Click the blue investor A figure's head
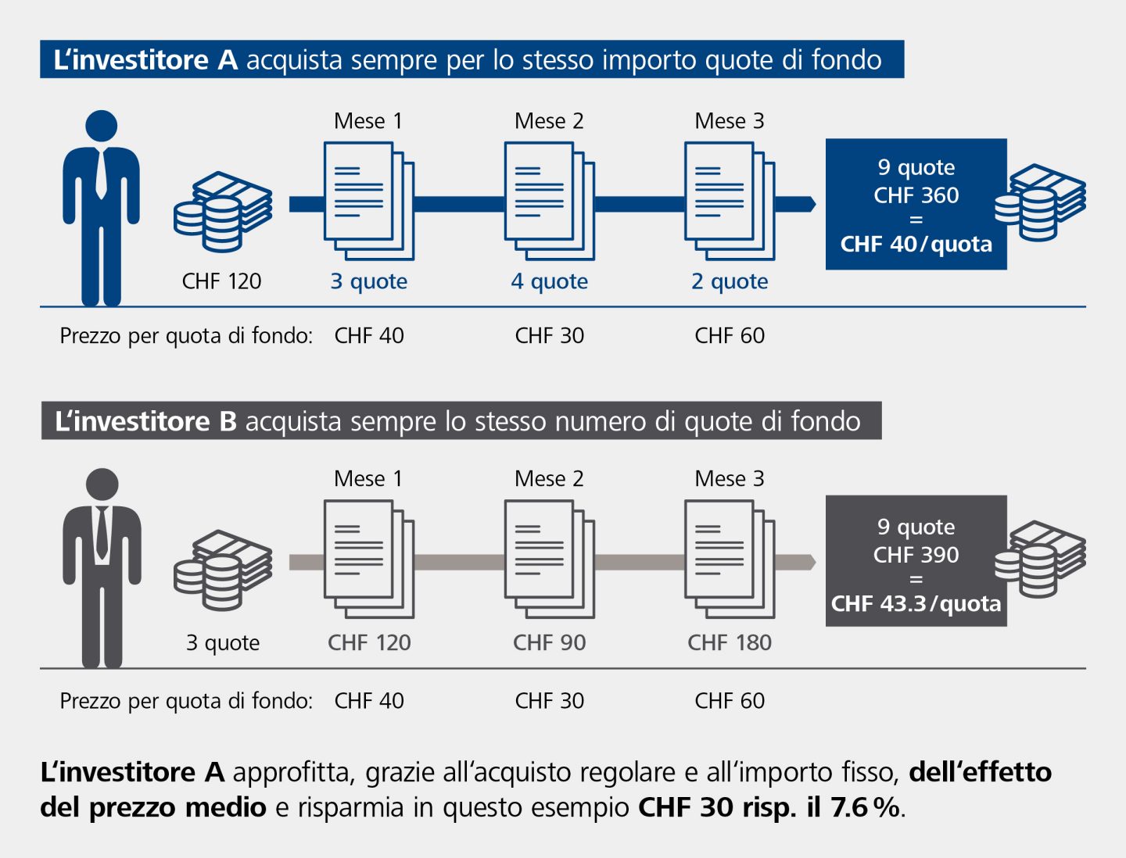click(101, 127)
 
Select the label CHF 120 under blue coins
click(221, 281)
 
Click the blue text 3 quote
click(368, 281)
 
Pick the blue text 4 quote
click(549, 281)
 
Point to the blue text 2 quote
click(730, 281)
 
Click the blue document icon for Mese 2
click(549, 200)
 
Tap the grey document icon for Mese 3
click(730, 559)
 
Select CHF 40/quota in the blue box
click(916, 245)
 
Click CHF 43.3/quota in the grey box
click(916, 604)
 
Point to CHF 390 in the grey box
click(916, 555)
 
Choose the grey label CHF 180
click(730, 642)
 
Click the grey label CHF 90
click(549, 642)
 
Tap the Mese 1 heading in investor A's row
click(368, 121)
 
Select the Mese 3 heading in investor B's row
click(730, 478)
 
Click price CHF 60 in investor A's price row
click(730, 336)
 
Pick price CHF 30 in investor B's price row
click(549, 701)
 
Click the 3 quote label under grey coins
click(223, 642)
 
